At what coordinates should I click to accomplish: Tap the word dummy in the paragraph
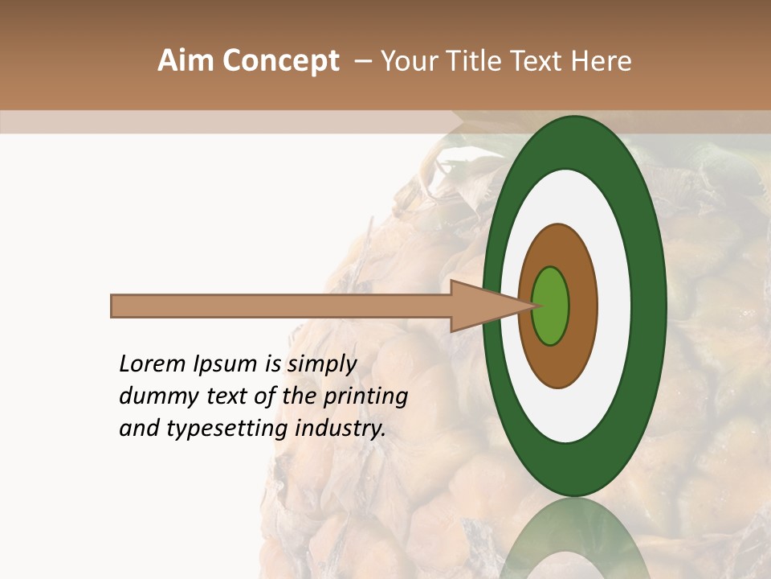click(155, 397)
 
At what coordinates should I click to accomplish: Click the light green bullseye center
click(551, 306)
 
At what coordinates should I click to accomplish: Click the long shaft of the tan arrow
click(281, 306)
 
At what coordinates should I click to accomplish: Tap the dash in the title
click(363, 61)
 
